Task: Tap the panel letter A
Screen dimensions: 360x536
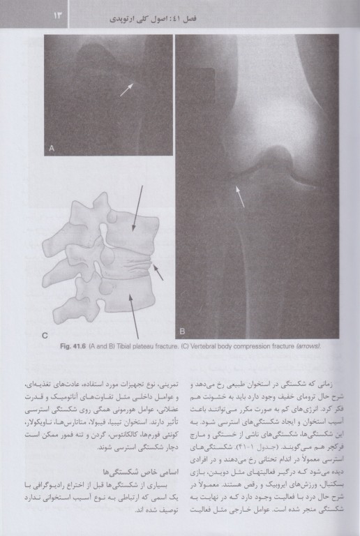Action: [x=52, y=147]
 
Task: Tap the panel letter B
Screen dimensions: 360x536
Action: [x=183, y=330]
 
